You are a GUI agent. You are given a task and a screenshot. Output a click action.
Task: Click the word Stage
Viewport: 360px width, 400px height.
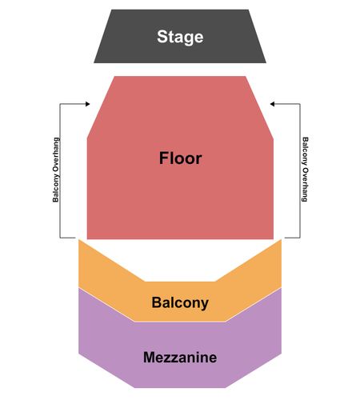click(180, 37)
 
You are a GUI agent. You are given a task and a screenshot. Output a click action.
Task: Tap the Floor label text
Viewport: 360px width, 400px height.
click(180, 158)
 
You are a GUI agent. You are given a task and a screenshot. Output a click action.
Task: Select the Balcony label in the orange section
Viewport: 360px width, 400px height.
click(180, 303)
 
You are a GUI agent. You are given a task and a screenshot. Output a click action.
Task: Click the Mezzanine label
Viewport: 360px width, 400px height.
click(180, 358)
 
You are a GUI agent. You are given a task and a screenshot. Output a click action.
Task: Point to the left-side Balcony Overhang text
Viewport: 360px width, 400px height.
click(56, 170)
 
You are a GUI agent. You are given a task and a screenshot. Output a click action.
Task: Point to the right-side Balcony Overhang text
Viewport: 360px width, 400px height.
click(305, 170)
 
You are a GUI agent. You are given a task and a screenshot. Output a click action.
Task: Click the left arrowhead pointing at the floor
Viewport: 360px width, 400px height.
click(87, 104)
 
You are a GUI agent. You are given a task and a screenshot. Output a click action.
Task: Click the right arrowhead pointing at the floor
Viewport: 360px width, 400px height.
click(272, 104)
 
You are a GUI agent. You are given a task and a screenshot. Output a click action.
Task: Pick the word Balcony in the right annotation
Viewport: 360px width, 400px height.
click(305, 151)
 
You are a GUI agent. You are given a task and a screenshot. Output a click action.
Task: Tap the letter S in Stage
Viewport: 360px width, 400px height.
click(162, 37)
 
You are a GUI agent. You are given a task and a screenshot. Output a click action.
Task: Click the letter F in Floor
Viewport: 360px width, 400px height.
click(164, 158)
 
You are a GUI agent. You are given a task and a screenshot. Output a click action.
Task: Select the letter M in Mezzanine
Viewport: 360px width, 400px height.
click(150, 358)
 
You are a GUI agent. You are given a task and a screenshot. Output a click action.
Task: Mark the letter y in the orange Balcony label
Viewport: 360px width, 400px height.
click(205, 305)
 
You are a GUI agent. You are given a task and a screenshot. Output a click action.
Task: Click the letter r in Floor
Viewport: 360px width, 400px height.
click(198, 160)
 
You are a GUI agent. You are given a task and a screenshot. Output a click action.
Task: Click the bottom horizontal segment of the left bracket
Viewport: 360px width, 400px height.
click(67, 238)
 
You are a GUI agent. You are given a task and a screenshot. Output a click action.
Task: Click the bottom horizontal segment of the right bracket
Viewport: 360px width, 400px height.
click(293, 238)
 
